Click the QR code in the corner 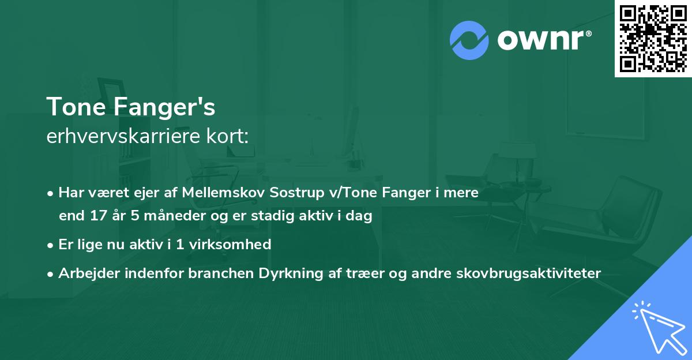(x=653, y=39)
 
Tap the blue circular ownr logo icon (x=469, y=40)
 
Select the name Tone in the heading (x=73, y=107)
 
